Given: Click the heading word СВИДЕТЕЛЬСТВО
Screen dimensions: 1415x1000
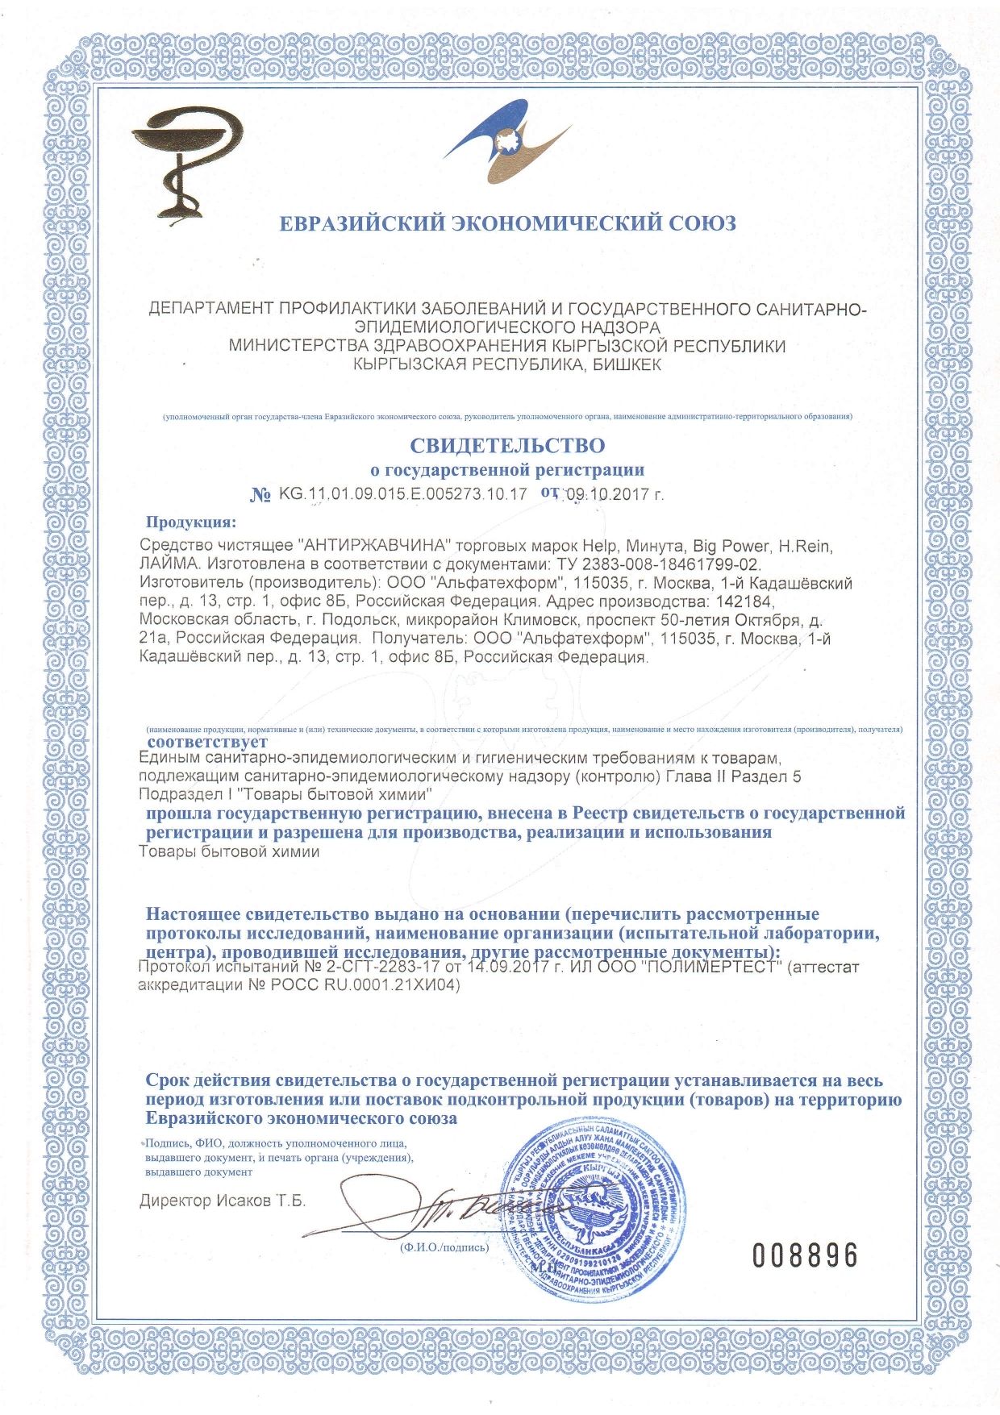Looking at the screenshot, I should [x=507, y=444].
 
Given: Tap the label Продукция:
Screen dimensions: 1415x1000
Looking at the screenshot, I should [x=191, y=522].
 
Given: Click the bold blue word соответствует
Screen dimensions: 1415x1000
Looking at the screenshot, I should [x=207, y=741].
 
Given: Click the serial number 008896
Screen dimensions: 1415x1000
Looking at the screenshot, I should [x=804, y=1255].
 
